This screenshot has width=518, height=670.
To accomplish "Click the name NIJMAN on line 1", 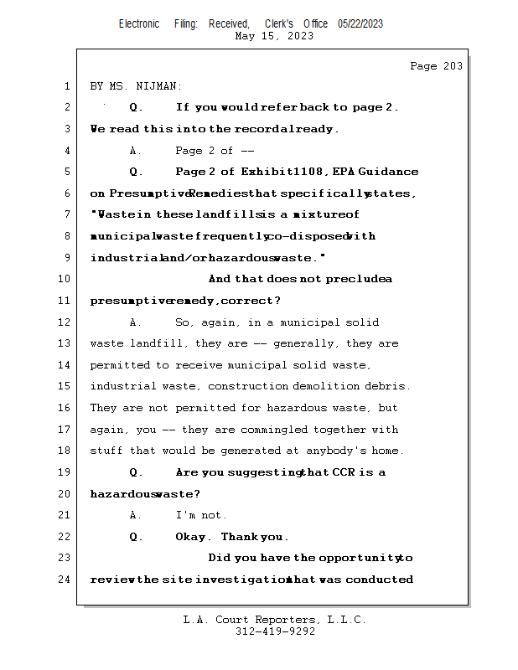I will click(158, 86).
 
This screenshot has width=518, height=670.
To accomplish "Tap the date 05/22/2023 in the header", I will click(360, 24).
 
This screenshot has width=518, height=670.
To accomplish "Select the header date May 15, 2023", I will click(275, 36).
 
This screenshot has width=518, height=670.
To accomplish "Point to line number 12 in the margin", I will click(65, 322).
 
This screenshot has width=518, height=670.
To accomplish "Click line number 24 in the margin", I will click(65, 580).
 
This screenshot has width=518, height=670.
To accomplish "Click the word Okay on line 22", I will click(191, 537).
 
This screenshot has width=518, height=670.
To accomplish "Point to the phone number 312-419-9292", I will click(275, 631).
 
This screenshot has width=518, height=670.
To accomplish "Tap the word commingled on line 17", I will click(298, 430).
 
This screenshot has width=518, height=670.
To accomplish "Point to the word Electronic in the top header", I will click(139, 24).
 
